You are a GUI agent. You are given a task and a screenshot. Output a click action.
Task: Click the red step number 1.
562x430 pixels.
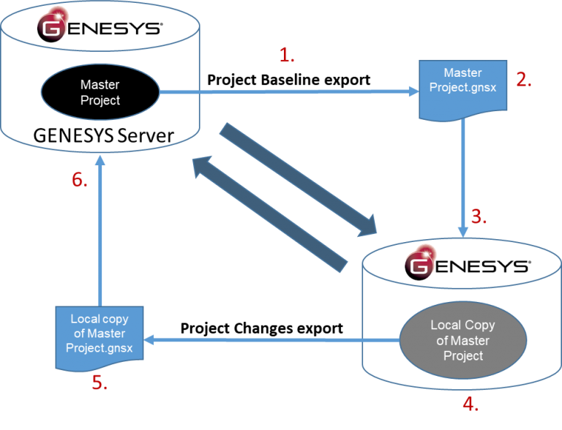coord(287,56)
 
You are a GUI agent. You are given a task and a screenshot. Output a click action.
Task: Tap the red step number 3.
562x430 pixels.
coord(479,216)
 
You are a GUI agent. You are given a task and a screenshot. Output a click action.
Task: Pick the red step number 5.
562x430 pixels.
coord(100,383)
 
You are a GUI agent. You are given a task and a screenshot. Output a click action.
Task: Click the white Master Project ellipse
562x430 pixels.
coord(100,93)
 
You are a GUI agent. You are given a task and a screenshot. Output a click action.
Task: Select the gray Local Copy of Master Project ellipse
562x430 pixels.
coord(462,340)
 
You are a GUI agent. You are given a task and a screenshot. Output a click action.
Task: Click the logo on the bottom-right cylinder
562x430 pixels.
coord(420,263)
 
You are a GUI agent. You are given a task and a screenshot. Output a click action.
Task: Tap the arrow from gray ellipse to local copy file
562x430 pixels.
coord(271,340)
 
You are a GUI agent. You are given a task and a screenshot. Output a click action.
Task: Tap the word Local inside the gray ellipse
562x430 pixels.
coord(445,325)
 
